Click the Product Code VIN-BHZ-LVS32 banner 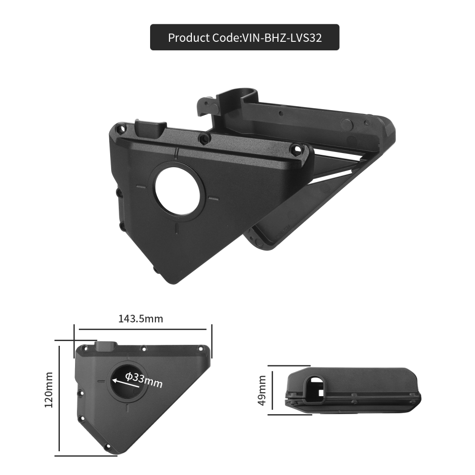[x=245, y=38]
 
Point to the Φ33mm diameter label [x=144, y=380]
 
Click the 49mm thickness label [x=262, y=390]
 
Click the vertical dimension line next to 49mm [x=272, y=390]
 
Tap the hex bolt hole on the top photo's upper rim [x=204, y=139]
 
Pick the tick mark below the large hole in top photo [x=177, y=228]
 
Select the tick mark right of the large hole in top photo [x=212, y=198]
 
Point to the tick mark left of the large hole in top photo [x=141, y=187]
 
